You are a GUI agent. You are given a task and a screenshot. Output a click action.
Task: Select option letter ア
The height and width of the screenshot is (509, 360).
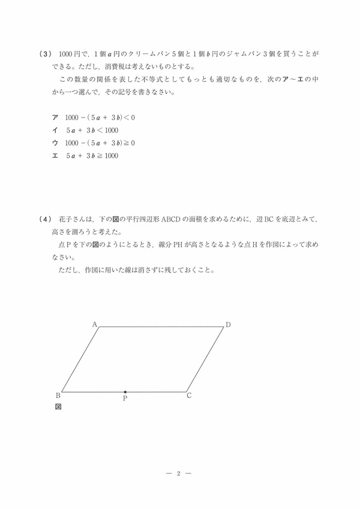pos(55,118)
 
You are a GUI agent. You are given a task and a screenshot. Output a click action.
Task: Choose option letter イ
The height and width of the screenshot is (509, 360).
pos(55,130)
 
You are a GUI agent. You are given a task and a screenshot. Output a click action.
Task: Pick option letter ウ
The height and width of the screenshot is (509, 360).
pos(55,143)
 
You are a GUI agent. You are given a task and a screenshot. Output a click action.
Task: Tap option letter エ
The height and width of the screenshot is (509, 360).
pos(55,155)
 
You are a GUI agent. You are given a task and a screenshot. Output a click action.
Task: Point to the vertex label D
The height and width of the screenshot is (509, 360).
pos(228,325)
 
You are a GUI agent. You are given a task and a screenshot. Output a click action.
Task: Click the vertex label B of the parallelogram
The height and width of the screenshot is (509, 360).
pos(58,395)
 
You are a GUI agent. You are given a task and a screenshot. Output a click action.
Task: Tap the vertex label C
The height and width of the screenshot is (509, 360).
pos(189,395)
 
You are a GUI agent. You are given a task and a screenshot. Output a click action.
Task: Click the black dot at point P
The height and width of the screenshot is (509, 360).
pos(125,391)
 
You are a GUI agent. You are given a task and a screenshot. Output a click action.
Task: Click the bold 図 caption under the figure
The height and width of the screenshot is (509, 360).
pos(58,406)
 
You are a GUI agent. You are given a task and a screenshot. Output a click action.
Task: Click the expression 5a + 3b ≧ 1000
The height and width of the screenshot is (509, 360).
pos(92,155)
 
